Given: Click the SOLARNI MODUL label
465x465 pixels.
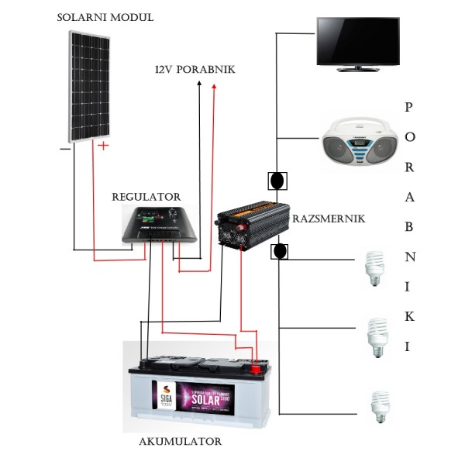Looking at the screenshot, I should tap(105, 17).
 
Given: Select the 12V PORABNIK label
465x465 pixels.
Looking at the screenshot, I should tap(195, 70).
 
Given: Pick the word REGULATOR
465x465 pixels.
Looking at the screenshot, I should tap(146, 198).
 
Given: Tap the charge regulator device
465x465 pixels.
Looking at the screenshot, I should tap(160, 226).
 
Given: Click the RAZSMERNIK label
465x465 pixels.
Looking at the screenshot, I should tap(328, 219).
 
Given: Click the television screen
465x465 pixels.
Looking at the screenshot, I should tap(357, 40).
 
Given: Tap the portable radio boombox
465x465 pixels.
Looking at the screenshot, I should tap(359, 143).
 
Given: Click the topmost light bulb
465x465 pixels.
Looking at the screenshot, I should tap(375, 268).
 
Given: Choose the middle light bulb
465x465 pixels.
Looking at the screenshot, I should tap(377, 336).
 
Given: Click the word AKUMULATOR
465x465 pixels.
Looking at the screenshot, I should tap(180, 442).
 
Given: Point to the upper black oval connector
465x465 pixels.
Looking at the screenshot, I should tap(277, 181).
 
